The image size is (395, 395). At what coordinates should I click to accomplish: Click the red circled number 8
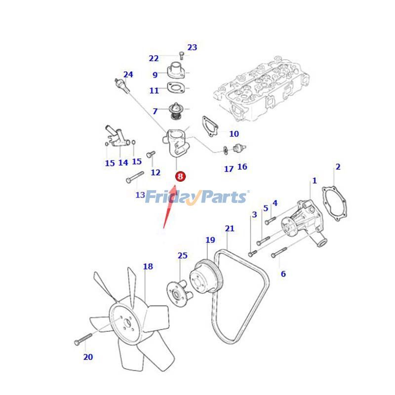click(x=180, y=176)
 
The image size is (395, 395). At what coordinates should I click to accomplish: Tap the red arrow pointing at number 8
click(x=170, y=206)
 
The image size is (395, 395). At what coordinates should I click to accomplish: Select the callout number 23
click(x=192, y=47)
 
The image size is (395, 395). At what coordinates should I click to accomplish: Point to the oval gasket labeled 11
click(x=176, y=88)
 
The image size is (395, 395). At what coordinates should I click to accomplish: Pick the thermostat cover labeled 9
click(x=176, y=70)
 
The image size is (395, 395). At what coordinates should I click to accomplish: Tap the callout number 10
click(x=234, y=133)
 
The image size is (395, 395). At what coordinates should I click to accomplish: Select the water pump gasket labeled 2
click(x=334, y=203)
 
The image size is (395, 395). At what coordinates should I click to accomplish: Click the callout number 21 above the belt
click(x=230, y=228)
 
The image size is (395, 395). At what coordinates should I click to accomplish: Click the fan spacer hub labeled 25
click(x=180, y=293)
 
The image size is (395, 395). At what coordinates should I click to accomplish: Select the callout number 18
click(x=148, y=266)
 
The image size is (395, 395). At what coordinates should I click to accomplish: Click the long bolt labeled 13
click(x=135, y=177)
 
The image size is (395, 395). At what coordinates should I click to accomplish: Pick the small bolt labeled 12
click(x=151, y=154)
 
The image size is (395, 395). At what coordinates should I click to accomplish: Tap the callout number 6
click(x=283, y=274)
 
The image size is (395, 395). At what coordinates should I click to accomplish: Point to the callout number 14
click(x=123, y=162)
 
